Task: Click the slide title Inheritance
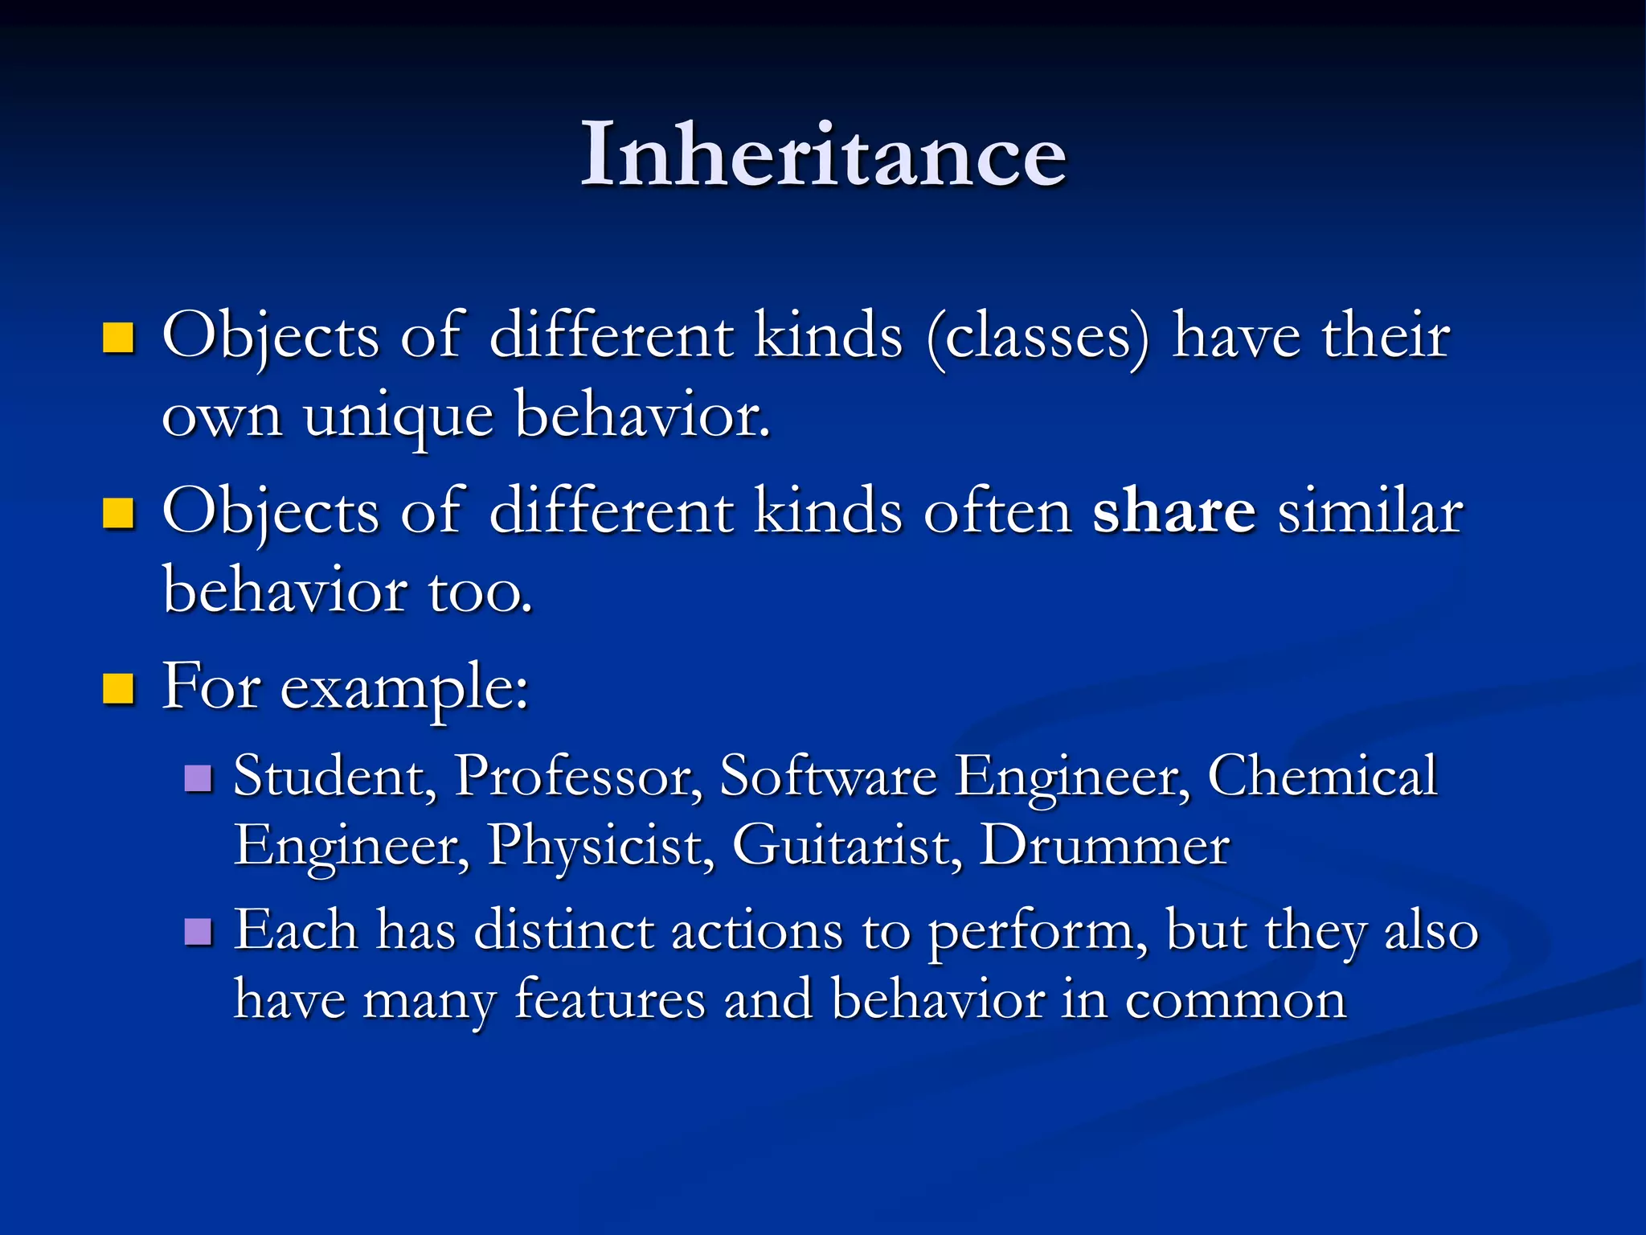point(823,154)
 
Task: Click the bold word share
point(1173,511)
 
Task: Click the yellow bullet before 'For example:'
point(118,689)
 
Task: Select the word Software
point(828,777)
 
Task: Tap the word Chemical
point(1322,777)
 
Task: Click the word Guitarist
point(846,846)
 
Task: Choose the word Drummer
point(1105,846)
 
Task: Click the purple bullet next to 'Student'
point(198,778)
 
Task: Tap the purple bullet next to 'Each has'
point(198,933)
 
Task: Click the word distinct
point(563,931)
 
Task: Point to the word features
point(609,1000)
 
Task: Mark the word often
point(997,511)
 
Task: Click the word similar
point(1370,511)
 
